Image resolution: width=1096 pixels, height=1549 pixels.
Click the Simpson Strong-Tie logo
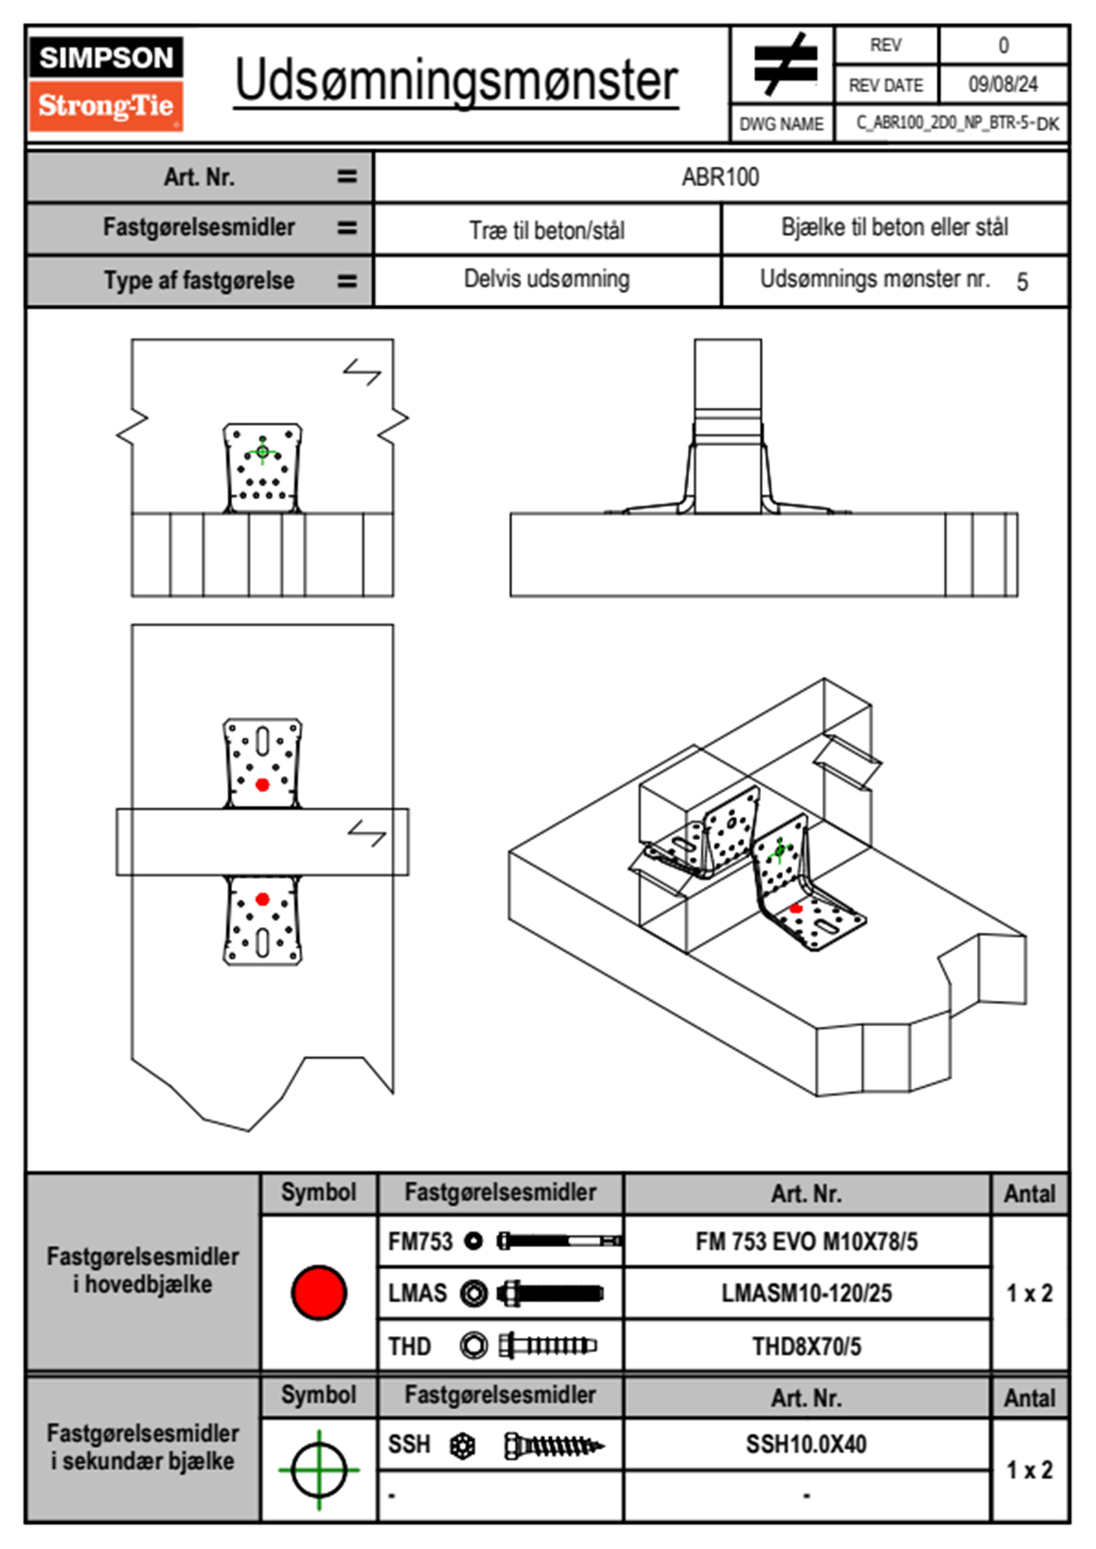click(106, 84)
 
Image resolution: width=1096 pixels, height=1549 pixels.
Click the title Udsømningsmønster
click(456, 80)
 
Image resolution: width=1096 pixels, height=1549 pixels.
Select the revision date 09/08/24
click(1002, 85)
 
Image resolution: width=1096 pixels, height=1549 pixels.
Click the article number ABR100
click(720, 177)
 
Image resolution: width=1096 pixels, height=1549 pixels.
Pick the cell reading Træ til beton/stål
click(546, 229)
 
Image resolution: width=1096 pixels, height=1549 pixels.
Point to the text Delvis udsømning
click(546, 279)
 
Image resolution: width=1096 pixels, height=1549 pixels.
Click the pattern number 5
click(1022, 282)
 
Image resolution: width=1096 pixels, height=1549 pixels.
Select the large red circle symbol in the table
click(319, 1292)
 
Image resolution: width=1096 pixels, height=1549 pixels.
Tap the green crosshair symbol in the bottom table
click(319, 1470)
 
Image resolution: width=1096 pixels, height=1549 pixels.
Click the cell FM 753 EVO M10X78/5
click(806, 1241)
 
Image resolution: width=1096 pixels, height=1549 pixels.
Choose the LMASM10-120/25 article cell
click(806, 1293)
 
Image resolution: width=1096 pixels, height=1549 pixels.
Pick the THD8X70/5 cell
click(806, 1346)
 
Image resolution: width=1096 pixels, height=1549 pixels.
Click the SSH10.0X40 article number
click(806, 1444)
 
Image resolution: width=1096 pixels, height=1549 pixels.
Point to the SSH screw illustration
click(554, 1446)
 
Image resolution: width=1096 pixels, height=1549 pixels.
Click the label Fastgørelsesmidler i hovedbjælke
click(143, 1270)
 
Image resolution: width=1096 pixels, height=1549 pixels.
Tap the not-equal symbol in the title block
click(784, 64)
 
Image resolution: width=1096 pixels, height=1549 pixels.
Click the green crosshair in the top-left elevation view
click(262, 451)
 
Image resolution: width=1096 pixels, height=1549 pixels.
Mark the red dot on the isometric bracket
click(796, 909)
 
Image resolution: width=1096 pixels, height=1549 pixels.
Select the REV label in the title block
click(885, 45)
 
